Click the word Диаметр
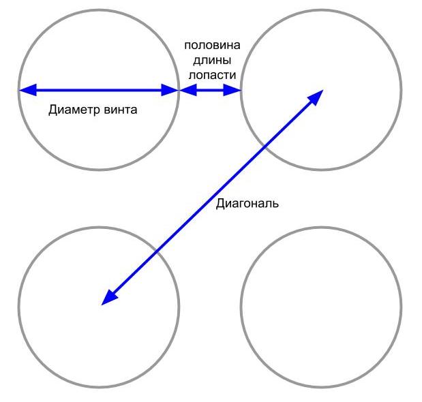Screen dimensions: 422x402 pos(70,109)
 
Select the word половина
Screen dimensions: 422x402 pos(211,45)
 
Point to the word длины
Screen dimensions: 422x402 pos(211,60)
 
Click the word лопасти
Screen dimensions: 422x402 pos(211,75)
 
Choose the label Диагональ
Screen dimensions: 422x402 pos(247,203)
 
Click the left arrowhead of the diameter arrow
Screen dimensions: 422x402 pos(25,89)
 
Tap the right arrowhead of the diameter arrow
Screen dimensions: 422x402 pos(172,89)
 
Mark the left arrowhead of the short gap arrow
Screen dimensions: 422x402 pos(185,89)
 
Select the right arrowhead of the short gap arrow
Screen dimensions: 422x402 pos(235,89)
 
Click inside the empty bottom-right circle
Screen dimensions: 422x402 pos(321,307)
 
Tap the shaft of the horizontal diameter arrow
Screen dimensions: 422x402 pos(99,89)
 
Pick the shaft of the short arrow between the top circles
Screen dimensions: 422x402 pos(210,89)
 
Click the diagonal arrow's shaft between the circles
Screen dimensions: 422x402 pos(211,198)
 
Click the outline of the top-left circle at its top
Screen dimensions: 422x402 pos(99,9)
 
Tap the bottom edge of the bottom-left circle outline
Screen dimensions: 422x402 pos(99,386)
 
